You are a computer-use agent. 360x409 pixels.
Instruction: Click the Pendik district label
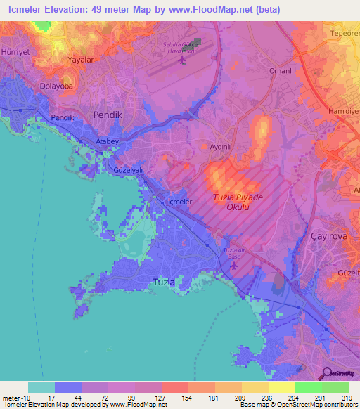pyautogui.click(x=108, y=114)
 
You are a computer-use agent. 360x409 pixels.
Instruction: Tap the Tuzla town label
pyautogui.click(x=164, y=283)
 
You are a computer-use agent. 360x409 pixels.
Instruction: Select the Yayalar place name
pyautogui.click(x=80, y=60)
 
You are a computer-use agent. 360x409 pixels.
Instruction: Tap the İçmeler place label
pyautogui.click(x=178, y=202)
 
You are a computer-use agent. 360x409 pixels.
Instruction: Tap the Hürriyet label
pyautogui.click(x=13, y=33)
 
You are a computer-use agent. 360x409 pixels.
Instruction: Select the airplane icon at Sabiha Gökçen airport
pyautogui.click(x=183, y=60)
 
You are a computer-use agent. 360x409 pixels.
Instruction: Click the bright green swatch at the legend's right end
pyautogui.click(x=335, y=387)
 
